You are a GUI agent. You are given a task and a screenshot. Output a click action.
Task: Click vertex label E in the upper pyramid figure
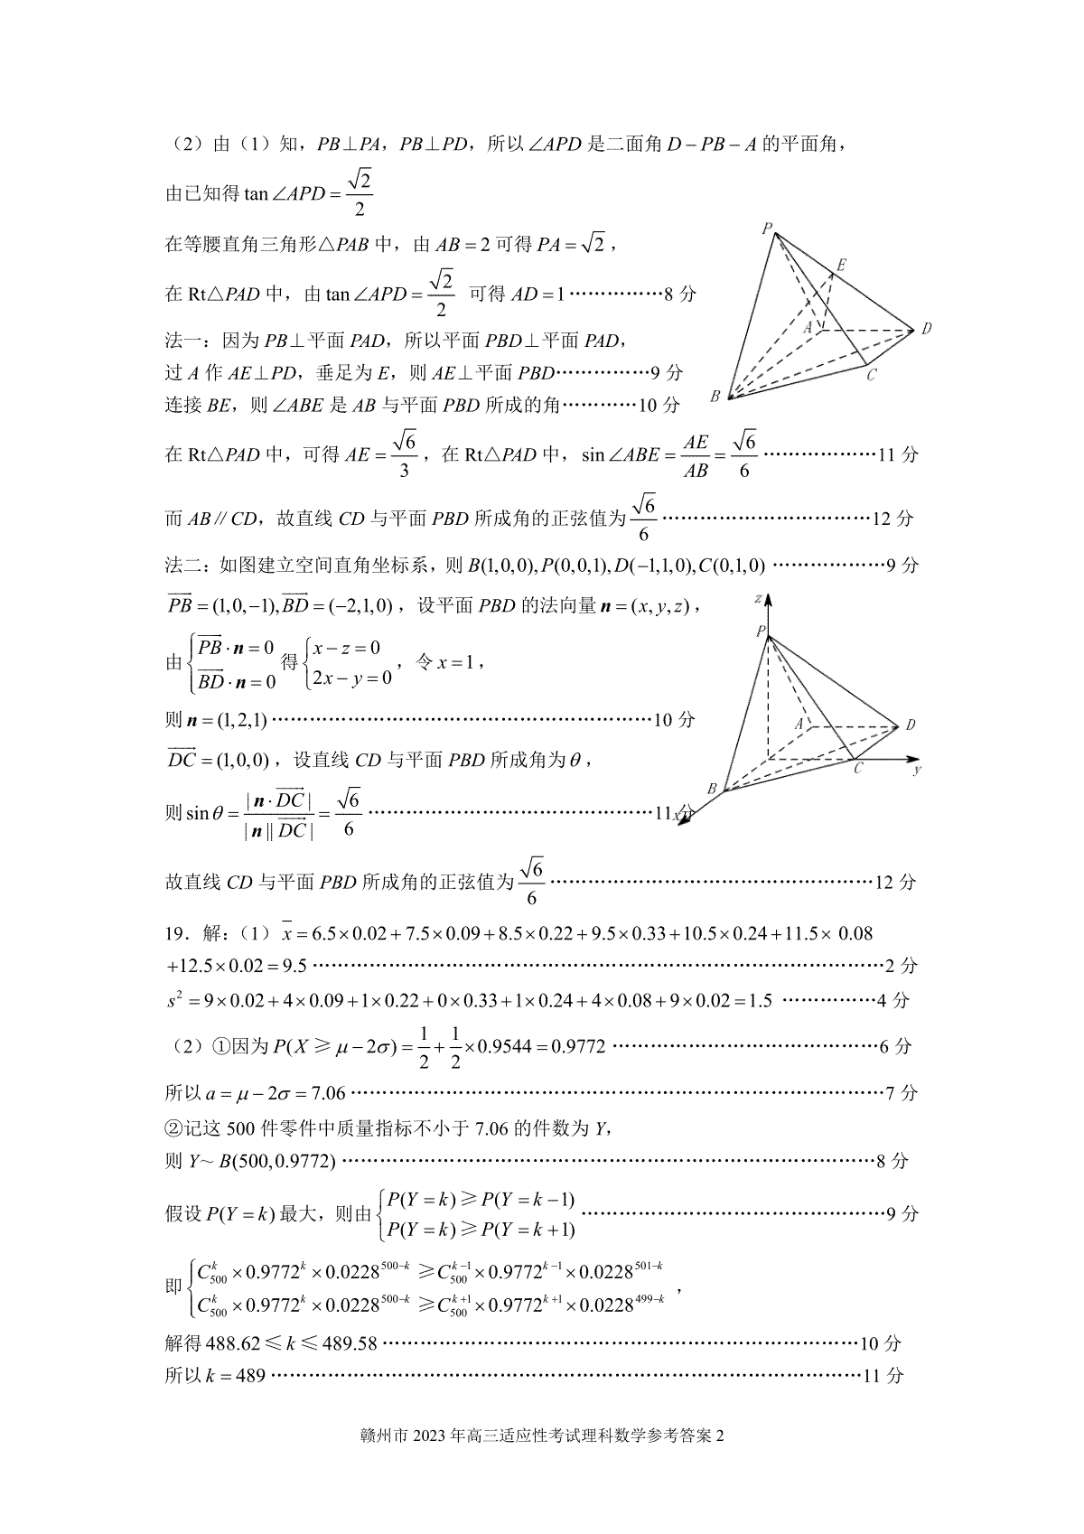tap(841, 265)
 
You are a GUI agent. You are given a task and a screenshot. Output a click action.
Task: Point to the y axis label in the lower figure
tap(917, 770)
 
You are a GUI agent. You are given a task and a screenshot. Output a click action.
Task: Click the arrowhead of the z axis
tap(768, 600)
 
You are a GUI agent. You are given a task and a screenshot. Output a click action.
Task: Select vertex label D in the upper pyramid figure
tap(926, 329)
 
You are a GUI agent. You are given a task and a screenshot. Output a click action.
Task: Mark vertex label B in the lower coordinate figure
tap(712, 789)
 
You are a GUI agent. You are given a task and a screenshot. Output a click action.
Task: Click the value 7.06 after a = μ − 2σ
tap(328, 1093)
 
